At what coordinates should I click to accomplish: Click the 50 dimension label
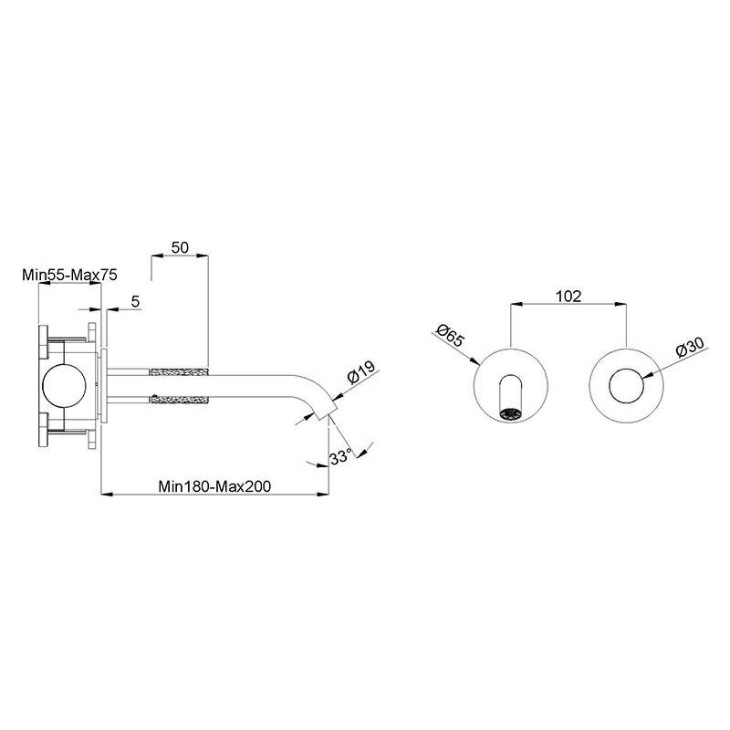tap(180, 247)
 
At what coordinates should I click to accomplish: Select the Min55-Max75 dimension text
tap(69, 275)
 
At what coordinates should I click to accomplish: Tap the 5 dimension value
tap(135, 302)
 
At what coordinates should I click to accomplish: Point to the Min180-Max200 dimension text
tap(214, 486)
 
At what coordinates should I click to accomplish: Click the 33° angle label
tap(340, 457)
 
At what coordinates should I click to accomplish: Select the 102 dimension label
tap(568, 296)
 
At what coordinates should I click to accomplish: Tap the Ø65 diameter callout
tap(450, 335)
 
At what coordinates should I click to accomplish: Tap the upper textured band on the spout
tap(178, 372)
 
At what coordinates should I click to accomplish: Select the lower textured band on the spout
tap(178, 400)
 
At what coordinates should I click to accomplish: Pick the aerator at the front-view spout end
tap(511, 413)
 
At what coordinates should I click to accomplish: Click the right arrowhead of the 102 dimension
tap(620, 305)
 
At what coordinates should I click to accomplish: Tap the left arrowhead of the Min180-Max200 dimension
tap(107, 494)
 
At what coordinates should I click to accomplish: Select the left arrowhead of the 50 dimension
tap(157, 255)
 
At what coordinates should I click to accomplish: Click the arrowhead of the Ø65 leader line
tap(474, 360)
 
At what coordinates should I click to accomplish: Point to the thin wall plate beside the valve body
tap(104, 386)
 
